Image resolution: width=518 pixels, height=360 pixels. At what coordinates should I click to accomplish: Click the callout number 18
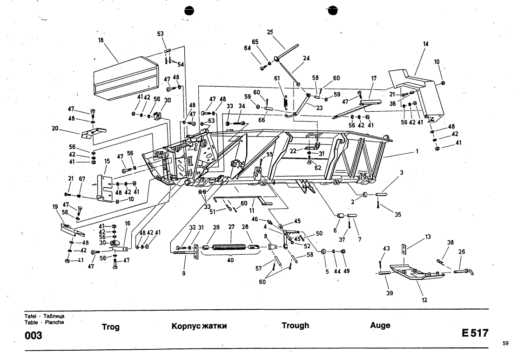pyautogui.click(x=101, y=41)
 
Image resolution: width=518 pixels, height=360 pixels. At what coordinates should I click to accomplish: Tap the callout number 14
pyautogui.click(x=425, y=44)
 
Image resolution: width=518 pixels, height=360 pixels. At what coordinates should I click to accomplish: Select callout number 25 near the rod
pyautogui.click(x=270, y=32)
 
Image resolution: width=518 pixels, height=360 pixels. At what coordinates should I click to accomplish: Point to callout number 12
pyautogui.click(x=424, y=300)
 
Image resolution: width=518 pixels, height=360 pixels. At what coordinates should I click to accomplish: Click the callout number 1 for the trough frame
pyautogui.click(x=417, y=151)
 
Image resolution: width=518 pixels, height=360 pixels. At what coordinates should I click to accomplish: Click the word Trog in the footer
pyautogui.click(x=111, y=327)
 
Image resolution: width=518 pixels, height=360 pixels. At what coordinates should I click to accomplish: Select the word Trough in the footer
pyautogui.click(x=295, y=326)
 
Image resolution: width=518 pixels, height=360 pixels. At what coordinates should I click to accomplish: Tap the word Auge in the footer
pyautogui.click(x=380, y=326)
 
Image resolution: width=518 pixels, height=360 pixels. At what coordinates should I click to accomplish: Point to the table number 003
pyautogui.click(x=33, y=335)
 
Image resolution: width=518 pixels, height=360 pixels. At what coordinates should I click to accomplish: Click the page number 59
pyautogui.click(x=506, y=343)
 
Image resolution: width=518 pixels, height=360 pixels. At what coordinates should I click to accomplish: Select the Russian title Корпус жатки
pyautogui.click(x=199, y=326)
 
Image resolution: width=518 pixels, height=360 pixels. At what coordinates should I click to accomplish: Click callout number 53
pyautogui.click(x=161, y=34)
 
